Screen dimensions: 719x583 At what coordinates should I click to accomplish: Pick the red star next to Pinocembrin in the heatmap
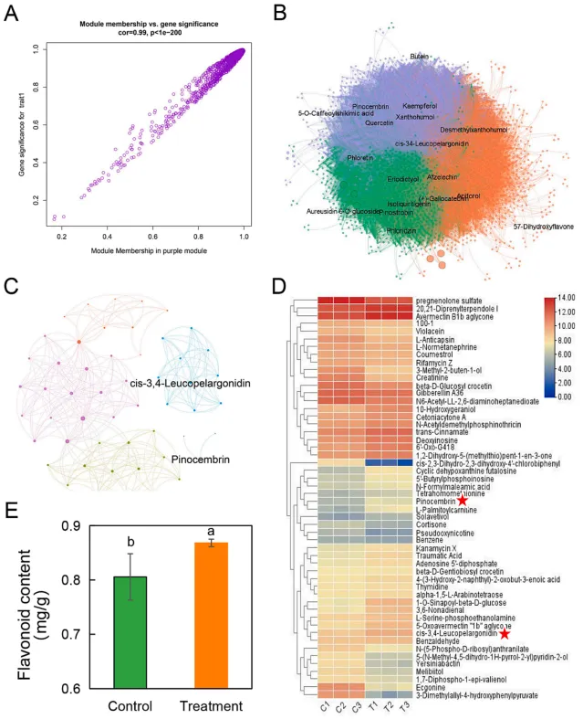tap(463, 501)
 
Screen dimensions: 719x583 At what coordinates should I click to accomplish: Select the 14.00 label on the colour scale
tap(564, 298)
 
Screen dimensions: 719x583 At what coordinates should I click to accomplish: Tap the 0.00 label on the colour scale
tap(562, 397)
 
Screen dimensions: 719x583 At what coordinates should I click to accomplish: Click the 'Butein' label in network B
tap(419, 57)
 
